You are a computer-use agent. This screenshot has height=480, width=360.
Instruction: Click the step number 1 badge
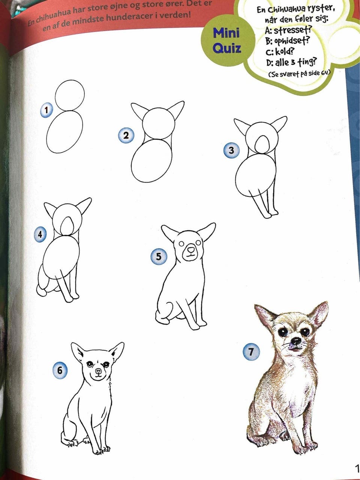[x=46, y=110]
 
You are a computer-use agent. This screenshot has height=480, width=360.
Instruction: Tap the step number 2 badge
[x=126, y=136]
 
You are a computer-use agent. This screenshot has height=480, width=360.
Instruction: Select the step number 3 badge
[x=231, y=150]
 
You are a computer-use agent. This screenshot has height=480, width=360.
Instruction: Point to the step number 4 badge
[x=40, y=234]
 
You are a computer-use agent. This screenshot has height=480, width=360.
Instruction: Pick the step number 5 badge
[x=159, y=257]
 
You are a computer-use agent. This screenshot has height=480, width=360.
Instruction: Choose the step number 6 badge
[x=60, y=370]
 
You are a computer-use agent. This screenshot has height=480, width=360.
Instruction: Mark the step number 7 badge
[x=251, y=352]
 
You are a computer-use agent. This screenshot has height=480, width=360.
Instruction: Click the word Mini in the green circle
[x=226, y=33]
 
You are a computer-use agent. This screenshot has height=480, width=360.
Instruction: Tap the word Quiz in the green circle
[x=227, y=48]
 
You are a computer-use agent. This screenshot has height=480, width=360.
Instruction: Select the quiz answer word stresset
[x=292, y=30]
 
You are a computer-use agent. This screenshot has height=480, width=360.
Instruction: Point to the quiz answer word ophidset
[x=291, y=40]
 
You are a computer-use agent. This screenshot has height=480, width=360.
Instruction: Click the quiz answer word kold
[x=284, y=52]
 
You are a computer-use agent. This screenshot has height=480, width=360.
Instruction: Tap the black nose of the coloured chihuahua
[x=296, y=340]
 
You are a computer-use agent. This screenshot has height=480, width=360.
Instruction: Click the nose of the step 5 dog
[x=191, y=250]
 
